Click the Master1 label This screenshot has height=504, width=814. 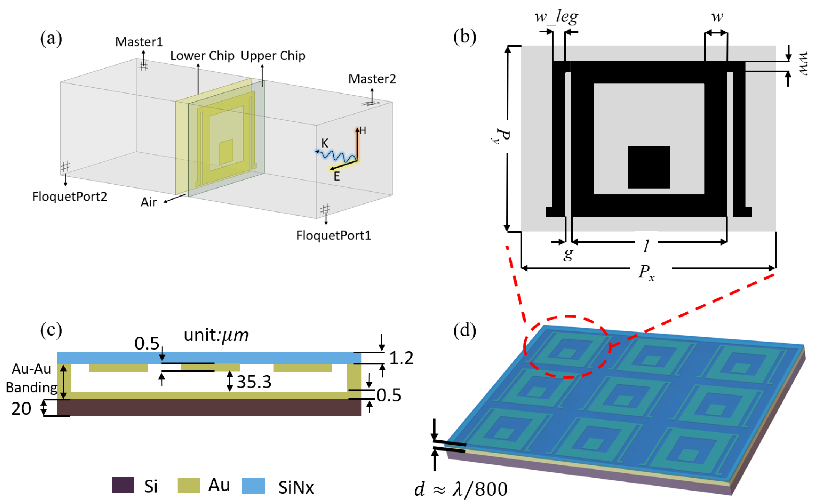[x=139, y=42]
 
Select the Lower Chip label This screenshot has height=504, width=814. [x=202, y=56]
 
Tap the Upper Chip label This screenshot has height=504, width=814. [x=273, y=56]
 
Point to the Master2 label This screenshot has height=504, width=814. [x=372, y=79]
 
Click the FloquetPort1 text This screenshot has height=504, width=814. [x=333, y=236]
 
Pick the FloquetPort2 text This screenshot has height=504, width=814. [x=69, y=197]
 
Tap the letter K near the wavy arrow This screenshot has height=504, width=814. [x=325, y=143]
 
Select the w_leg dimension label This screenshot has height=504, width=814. [x=556, y=17]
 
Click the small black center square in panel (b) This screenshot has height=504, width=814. [x=648, y=167]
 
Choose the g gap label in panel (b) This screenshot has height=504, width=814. [x=568, y=254]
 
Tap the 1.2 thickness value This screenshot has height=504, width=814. [x=401, y=358]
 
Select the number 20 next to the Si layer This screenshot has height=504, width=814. [x=21, y=409]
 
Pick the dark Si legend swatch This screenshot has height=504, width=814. [x=123, y=485]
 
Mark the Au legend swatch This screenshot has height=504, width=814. [x=188, y=485]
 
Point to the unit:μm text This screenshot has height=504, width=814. [x=216, y=335]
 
